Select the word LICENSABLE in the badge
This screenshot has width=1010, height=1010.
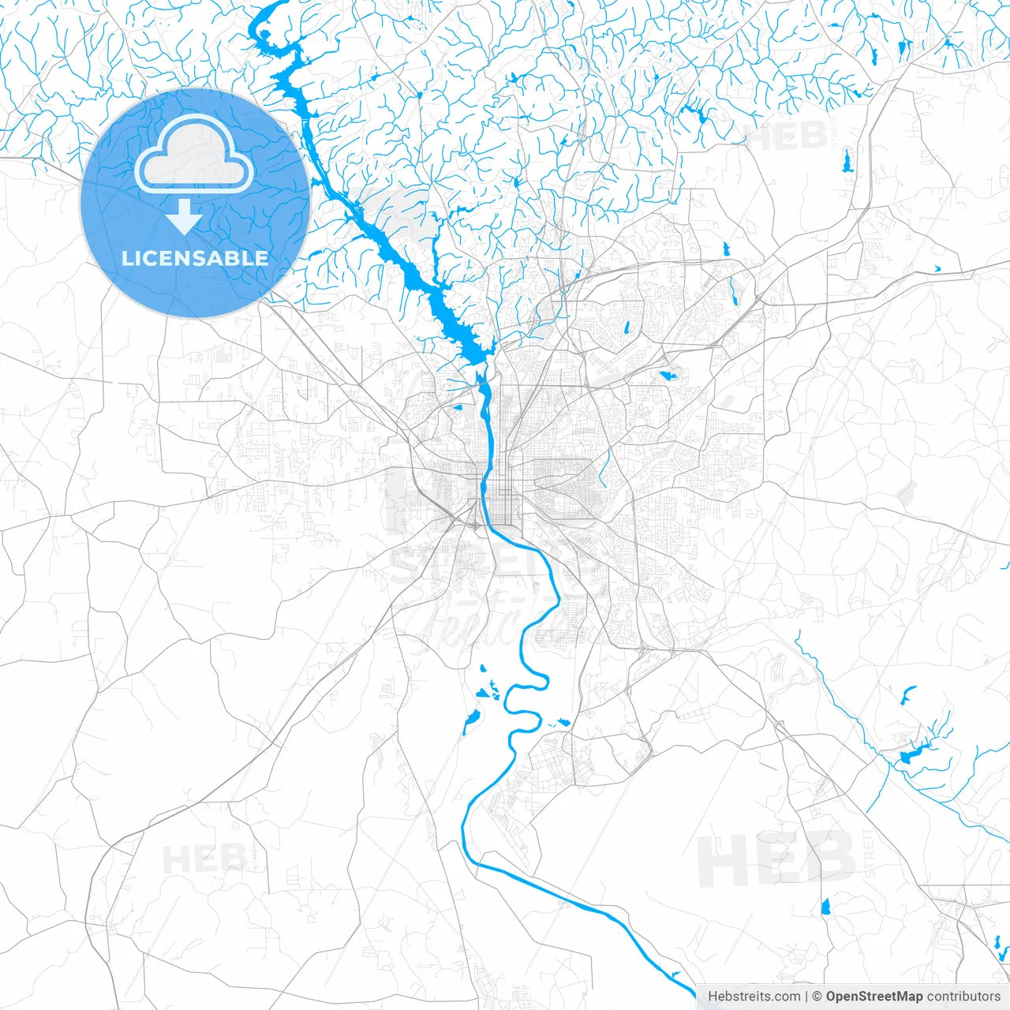[x=195, y=258]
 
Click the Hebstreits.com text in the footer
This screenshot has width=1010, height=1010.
[x=754, y=997]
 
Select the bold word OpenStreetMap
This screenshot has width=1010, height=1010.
[x=874, y=997]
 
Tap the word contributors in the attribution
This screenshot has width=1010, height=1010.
[x=963, y=997]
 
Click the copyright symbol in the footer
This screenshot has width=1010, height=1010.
[x=817, y=997]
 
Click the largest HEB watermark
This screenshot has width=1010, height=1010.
[x=776, y=859]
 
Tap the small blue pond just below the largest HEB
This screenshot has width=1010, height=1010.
[x=826, y=906]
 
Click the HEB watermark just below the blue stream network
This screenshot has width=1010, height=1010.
[x=787, y=136]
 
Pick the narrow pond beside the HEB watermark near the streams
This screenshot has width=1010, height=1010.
[x=847, y=161]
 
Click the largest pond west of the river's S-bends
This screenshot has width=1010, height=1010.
[x=471, y=719]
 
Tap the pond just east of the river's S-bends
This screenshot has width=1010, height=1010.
[x=563, y=722]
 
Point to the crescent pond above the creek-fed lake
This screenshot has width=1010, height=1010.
[x=907, y=695]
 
